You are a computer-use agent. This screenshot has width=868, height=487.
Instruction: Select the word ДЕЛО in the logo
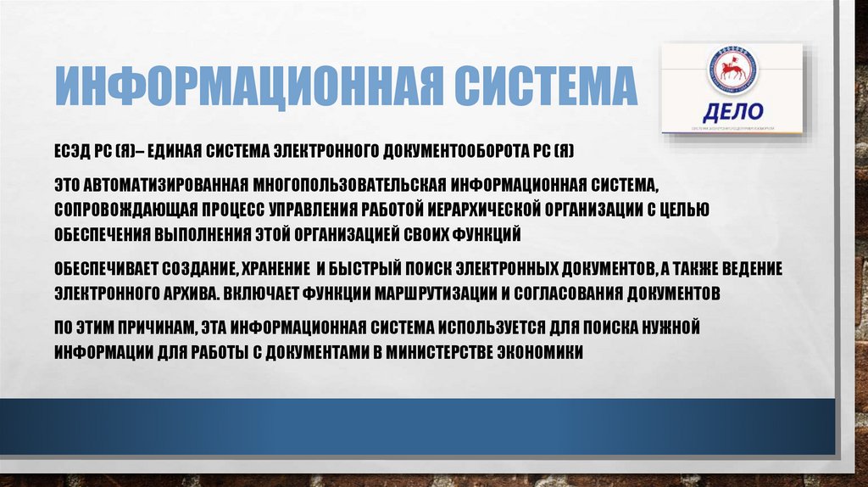[x=733, y=112]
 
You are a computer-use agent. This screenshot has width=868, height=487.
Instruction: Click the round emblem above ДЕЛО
[x=731, y=70]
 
